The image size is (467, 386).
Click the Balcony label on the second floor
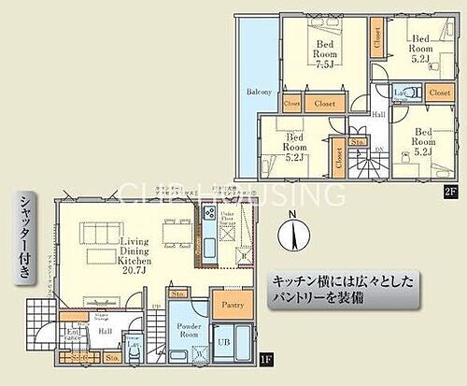259,92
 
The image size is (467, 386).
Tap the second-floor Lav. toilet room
399,93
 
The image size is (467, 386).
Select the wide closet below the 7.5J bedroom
326,105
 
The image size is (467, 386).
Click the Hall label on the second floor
378,115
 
